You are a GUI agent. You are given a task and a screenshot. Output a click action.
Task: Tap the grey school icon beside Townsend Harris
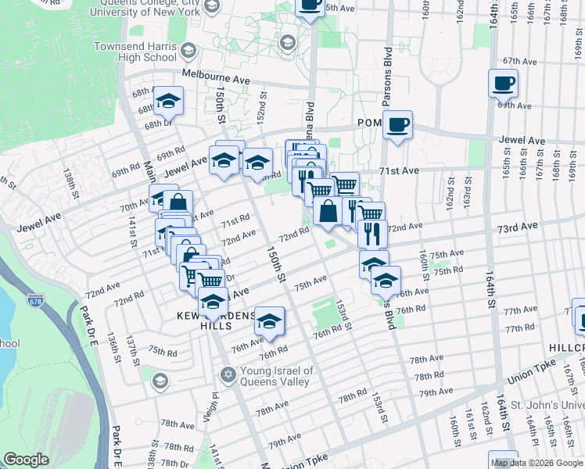(x=188, y=52)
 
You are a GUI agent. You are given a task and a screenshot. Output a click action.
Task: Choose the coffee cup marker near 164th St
(x=504, y=82)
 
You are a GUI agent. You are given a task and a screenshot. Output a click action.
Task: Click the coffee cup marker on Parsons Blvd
(x=398, y=124)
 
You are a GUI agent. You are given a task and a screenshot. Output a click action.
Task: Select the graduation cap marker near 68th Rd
(x=168, y=100)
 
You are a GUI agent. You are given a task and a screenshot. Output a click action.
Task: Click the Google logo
(x=27, y=460)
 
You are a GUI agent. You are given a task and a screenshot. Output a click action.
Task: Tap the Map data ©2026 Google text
(x=537, y=463)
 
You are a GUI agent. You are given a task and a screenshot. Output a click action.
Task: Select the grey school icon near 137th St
(x=160, y=381)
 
